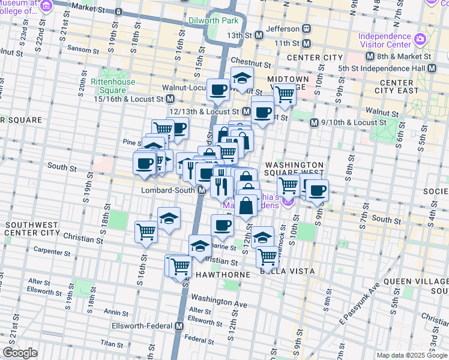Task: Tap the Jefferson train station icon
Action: pos(306,29)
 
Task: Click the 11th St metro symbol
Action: pos(307,44)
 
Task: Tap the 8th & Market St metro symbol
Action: pos(370,56)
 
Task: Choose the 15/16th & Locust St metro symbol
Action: pos(170,98)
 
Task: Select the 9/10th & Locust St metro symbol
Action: pos(313,122)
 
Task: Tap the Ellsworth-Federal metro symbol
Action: pos(179,326)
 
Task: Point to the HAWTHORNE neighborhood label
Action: pos(224,274)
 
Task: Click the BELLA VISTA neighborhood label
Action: pos(288,271)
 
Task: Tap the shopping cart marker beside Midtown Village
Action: pos(285,94)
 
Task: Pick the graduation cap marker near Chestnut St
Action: pos(242,79)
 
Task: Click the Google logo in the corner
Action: pos(20,353)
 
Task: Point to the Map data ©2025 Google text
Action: pos(412,355)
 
